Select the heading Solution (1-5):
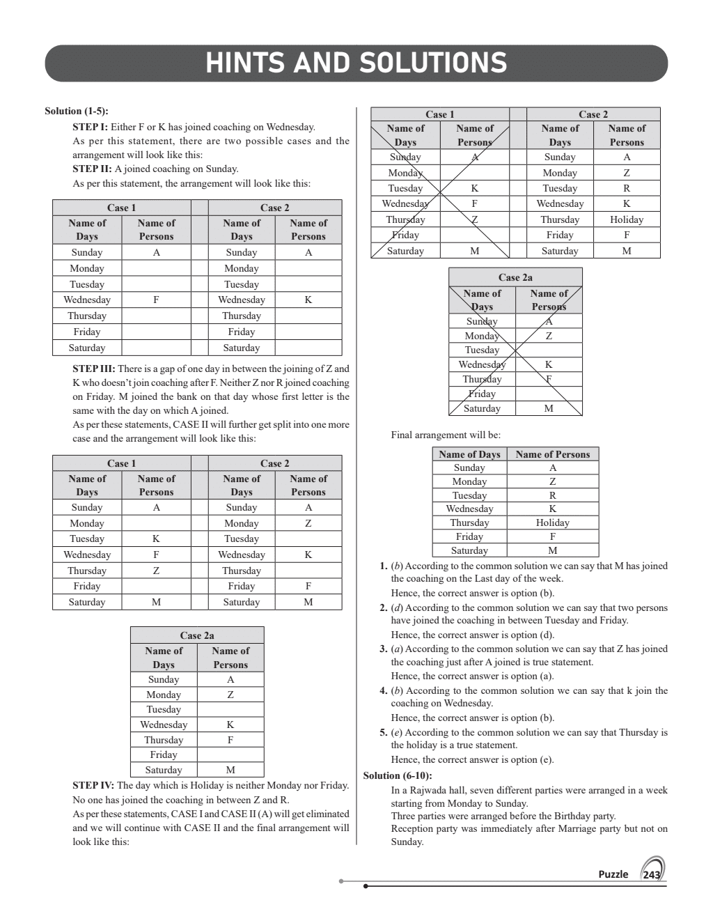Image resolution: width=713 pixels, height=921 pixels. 76,111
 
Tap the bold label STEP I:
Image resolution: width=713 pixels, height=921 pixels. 90,127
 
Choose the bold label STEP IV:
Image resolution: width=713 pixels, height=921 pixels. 93,785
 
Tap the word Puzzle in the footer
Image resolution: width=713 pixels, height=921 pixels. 613,874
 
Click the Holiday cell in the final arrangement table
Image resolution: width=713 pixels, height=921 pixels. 552,523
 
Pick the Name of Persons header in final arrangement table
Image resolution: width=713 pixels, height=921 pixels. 552,454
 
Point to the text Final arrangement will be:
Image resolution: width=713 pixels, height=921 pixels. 446,435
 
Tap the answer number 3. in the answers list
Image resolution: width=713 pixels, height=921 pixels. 383,649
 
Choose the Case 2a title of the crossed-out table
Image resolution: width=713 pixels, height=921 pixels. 515,277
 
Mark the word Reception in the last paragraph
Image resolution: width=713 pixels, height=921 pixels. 412,828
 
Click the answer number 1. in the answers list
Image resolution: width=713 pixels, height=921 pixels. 383,566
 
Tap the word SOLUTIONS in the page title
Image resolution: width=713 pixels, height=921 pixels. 433,63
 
